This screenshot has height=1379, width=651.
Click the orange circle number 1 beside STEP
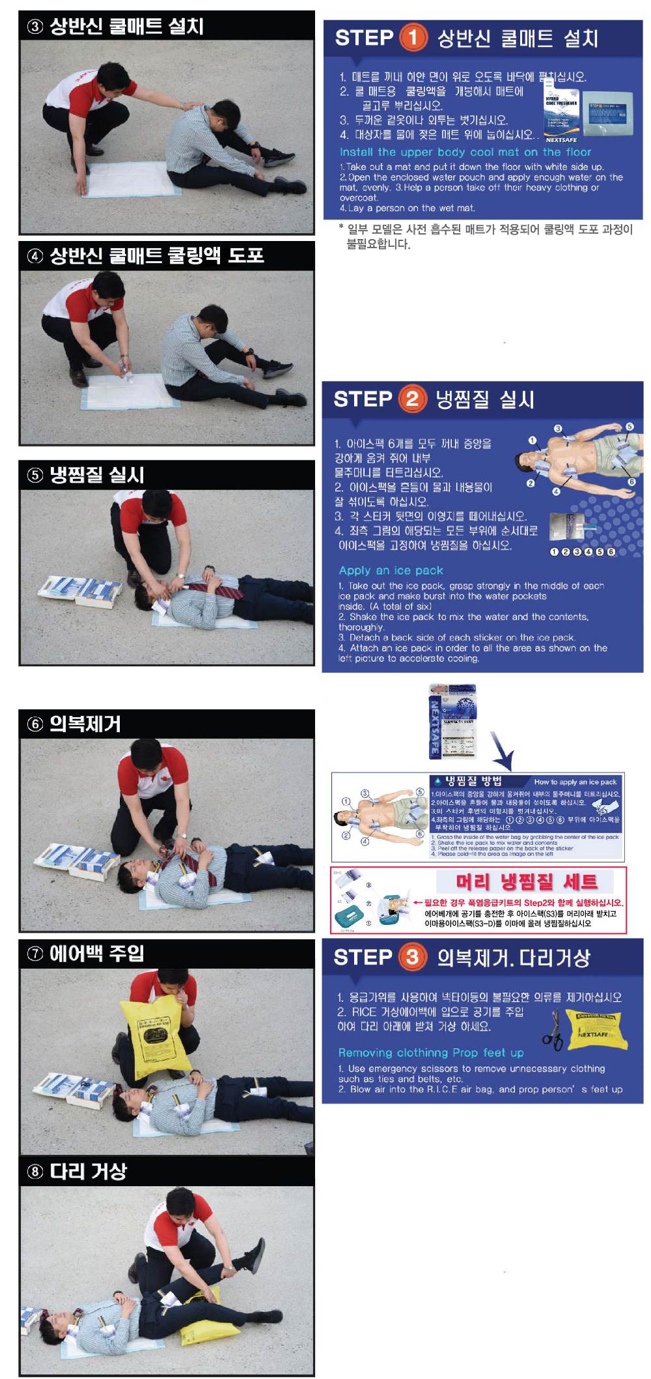(x=412, y=37)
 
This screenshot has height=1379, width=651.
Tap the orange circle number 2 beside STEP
(x=411, y=398)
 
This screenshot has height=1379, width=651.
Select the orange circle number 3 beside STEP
(x=411, y=956)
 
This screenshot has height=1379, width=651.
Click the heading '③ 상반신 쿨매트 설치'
(x=115, y=27)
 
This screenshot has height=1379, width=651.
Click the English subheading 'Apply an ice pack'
(x=391, y=571)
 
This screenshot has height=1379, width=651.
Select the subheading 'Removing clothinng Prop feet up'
(x=430, y=1053)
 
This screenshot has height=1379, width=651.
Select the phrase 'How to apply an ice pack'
(x=575, y=782)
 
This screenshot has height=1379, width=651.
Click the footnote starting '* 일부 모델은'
(x=485, y=236)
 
